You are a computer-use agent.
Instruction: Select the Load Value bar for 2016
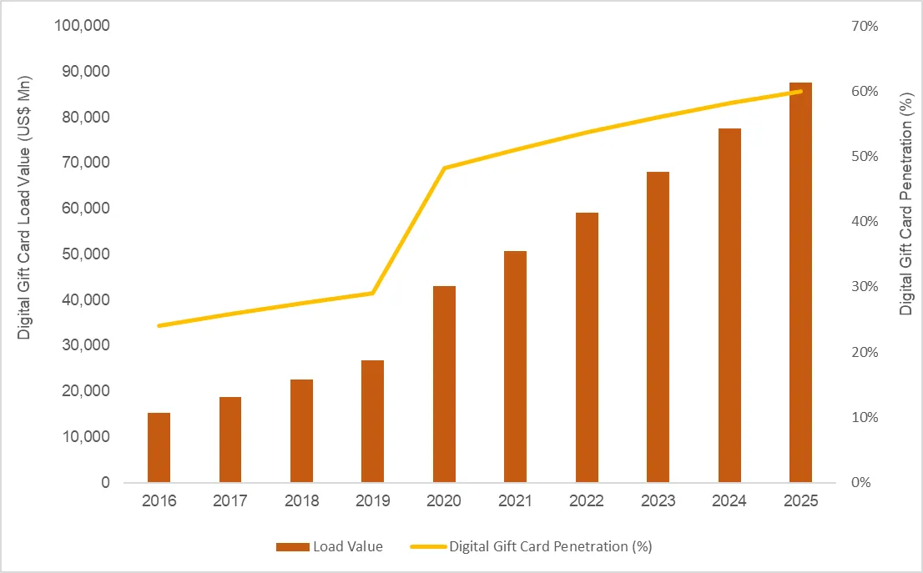point(159,448)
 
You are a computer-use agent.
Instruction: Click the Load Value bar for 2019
point(372,421)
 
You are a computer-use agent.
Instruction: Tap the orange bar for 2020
point(444,385)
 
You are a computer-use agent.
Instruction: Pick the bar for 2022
point(587,348)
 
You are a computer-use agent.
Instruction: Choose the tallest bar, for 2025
point(800,283)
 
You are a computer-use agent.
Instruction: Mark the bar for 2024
point(729,305)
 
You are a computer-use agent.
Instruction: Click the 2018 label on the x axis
point(301,502)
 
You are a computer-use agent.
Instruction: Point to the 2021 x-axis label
point(515,502)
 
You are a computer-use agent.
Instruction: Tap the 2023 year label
point(658,502)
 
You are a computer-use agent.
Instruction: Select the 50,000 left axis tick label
point(83,254)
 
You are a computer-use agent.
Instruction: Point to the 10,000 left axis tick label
point(83,437)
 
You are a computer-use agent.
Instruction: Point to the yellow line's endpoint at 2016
point(159,325)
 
